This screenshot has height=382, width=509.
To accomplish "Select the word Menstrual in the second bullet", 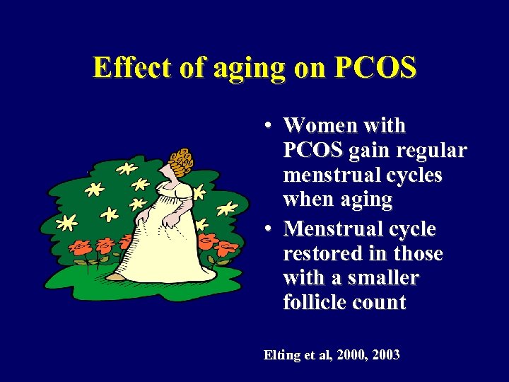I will click(x=339, y=229).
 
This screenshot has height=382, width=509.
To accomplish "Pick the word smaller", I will click(x=385, y=278).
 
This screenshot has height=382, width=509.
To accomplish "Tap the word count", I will click(x=380, y=303).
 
